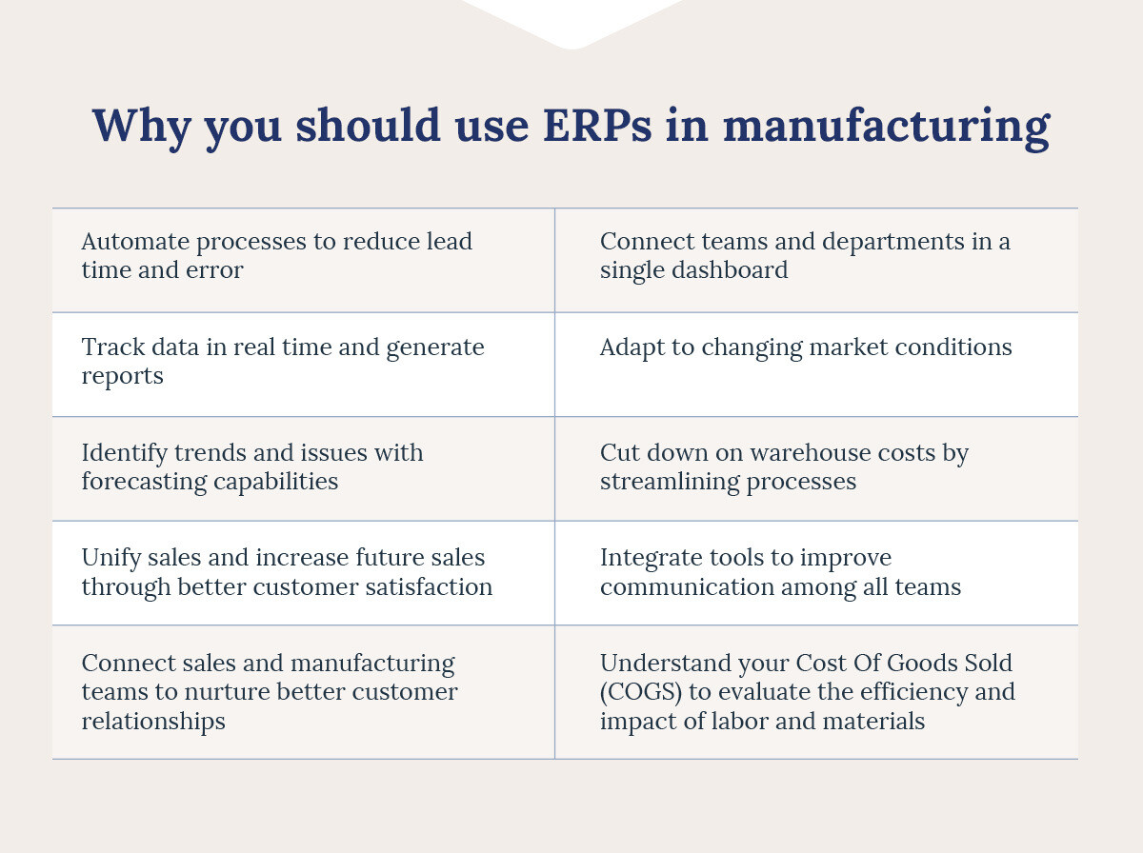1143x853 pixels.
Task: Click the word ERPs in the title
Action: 597,125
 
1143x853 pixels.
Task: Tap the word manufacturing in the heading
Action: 886,129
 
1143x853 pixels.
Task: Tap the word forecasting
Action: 144,482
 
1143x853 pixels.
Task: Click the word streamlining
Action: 670,482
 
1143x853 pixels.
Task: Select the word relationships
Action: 153,722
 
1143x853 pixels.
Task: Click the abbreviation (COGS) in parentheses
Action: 640,692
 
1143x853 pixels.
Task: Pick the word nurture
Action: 227,692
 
